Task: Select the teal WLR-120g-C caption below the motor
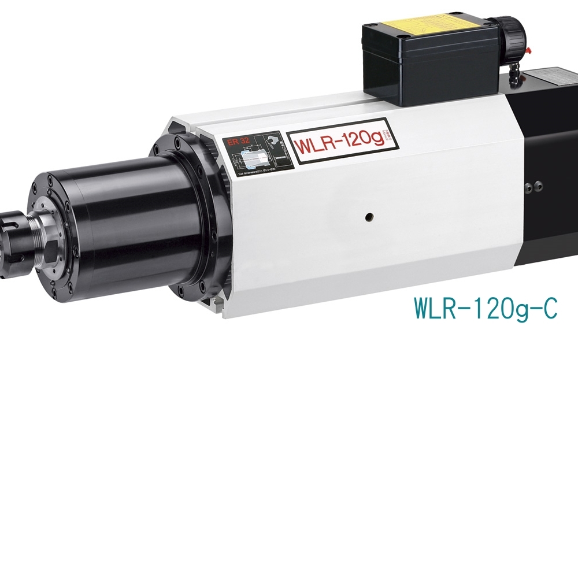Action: click(486, 308)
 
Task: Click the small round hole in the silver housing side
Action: click(368, 217)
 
